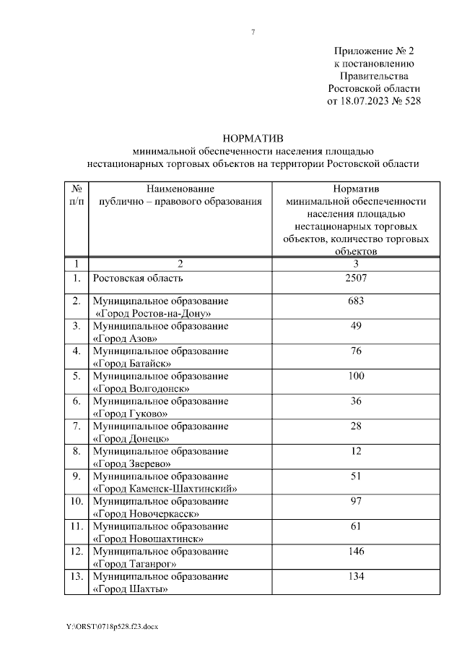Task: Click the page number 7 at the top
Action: coord(253,32)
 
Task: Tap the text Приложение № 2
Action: coord(375,51)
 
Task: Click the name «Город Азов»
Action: coord(125,338)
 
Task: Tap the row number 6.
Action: coord(77,401)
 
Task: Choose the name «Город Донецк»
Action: coord(131,438)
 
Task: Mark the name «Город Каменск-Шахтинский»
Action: coord(165,488)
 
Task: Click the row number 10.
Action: coord(76,501)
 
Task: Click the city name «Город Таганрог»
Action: coord(135,563)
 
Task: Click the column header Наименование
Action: coord(180,188)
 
